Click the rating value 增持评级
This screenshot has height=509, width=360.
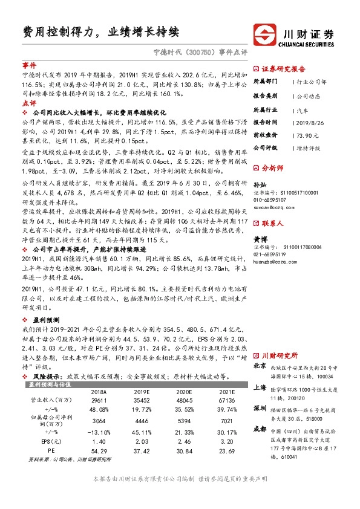pyautogui.click(x=308, y=147)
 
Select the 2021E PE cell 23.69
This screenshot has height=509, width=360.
pyautogui.click(x=227, y=451)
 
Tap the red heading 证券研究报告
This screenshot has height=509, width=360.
pyautogui.click(x=283, y=68)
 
